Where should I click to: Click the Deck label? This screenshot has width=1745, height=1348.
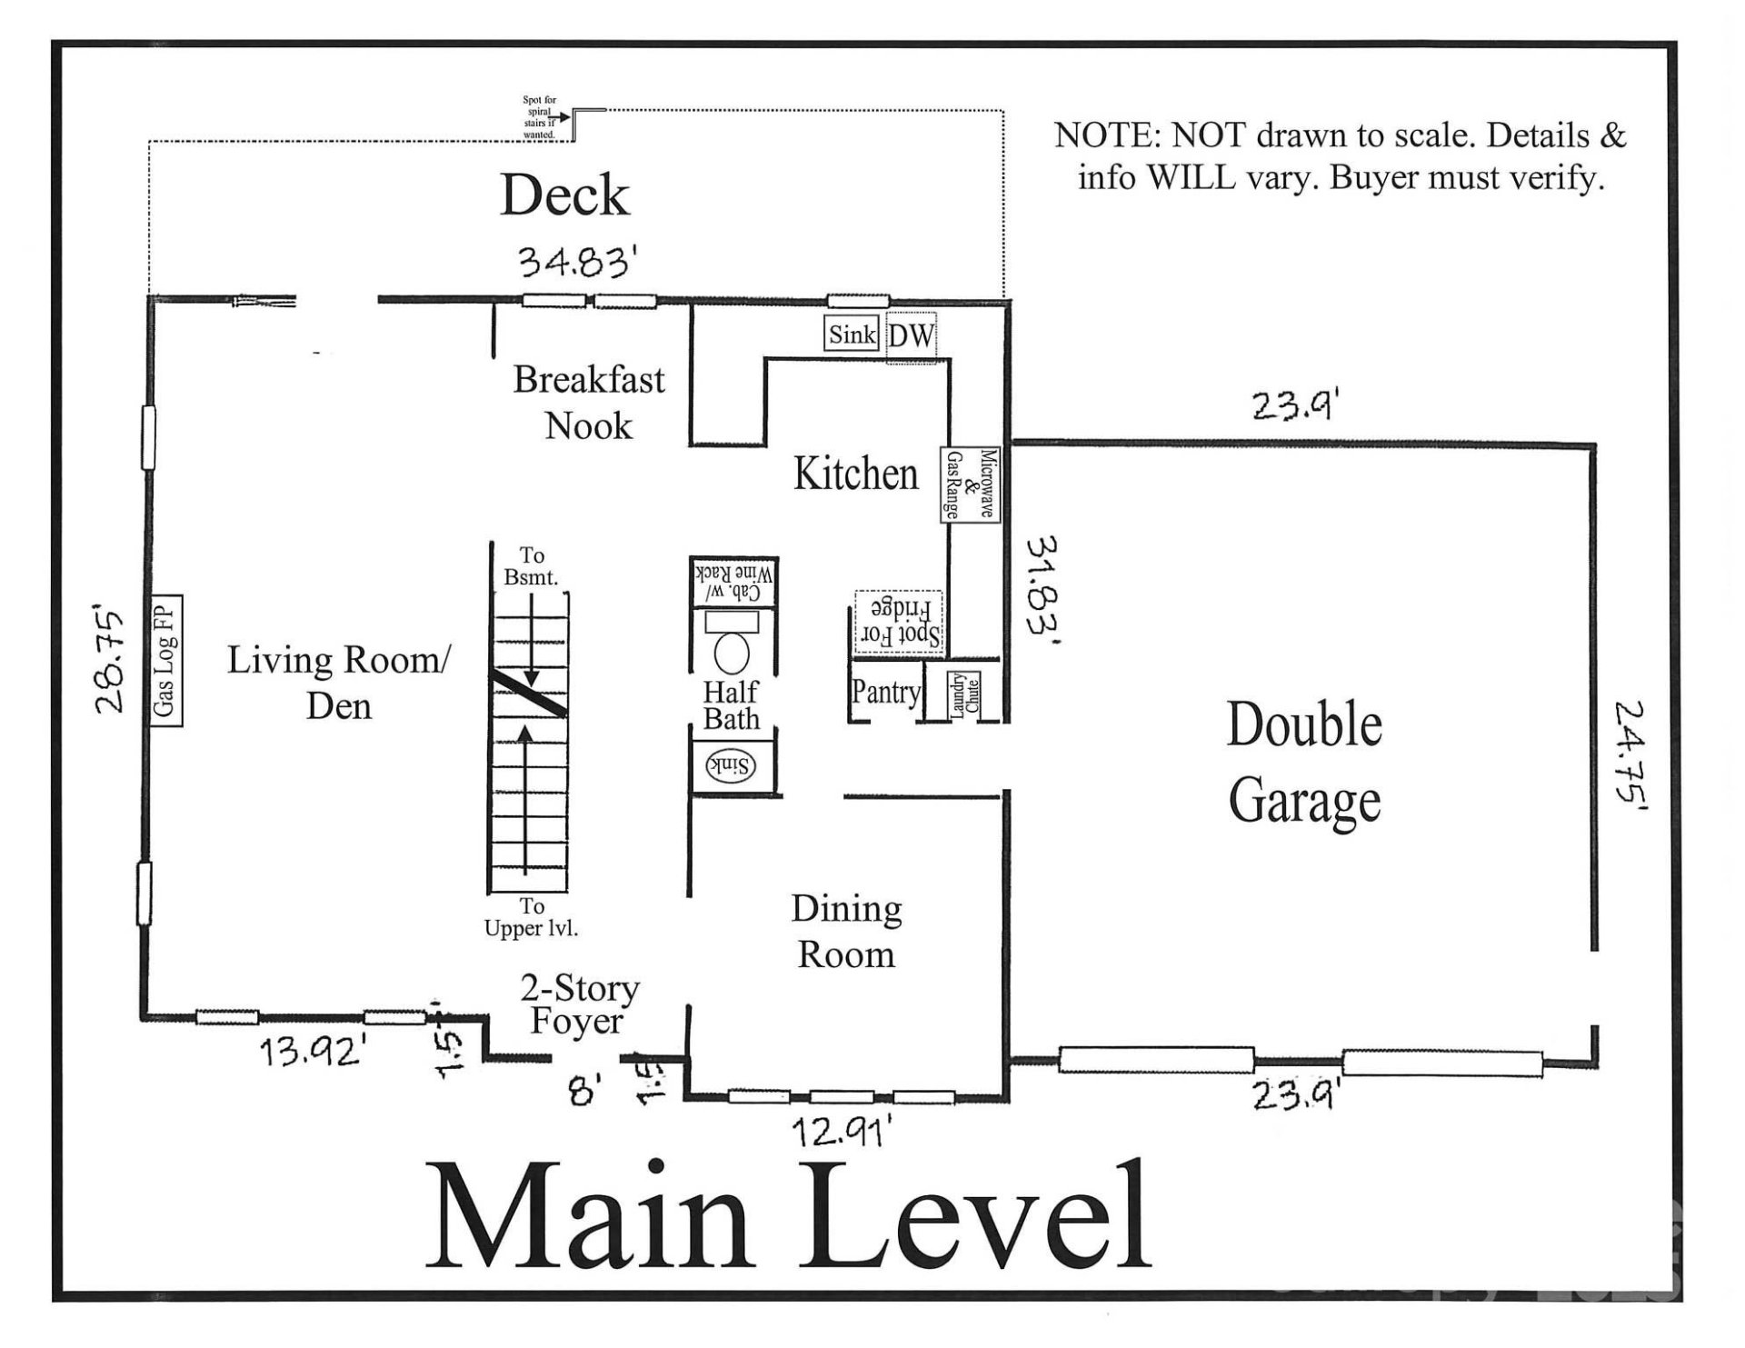click(564, 195)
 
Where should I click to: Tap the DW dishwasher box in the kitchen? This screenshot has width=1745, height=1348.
click(911, 336)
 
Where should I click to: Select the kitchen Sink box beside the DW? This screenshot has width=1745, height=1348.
click(852, 335)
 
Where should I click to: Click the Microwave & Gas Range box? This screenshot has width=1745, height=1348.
click(970, 484)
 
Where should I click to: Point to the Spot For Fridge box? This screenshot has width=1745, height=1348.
click(898, 622)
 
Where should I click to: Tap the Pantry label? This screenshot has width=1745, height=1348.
click(885, 693)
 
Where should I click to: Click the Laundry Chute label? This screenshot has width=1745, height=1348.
click(963, 696)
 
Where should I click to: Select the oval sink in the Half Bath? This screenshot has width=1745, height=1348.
click(732, 767)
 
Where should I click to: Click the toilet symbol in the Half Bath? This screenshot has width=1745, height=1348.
click(732, 642)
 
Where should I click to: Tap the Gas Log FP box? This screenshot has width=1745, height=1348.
click(166, 661)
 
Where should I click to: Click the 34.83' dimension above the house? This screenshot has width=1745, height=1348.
click(575, 263)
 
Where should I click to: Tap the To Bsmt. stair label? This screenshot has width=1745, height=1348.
click(532, 565)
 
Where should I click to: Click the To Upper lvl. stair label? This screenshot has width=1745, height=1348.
click(532, 917)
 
